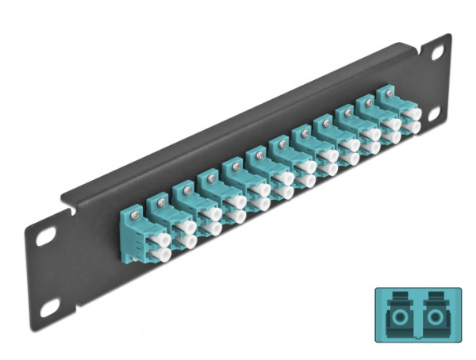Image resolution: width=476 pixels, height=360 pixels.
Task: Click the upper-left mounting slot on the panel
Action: [x=45, y=236]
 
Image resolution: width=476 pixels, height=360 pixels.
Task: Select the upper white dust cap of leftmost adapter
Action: [x=162, y=239]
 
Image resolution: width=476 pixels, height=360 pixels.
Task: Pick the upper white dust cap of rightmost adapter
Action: [x=412, y=114]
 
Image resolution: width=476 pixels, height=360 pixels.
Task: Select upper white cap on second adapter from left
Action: [x=189, y=226]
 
